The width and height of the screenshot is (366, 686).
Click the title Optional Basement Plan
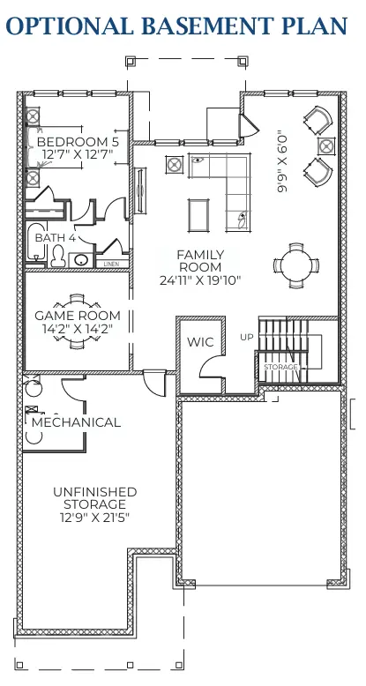183,26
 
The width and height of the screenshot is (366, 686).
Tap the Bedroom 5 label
78,141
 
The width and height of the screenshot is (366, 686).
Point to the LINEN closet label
111,264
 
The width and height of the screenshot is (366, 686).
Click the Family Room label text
200,261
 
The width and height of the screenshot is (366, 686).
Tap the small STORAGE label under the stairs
281,366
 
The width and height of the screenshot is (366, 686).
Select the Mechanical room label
77,422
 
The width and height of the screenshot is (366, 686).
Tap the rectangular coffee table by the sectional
199,214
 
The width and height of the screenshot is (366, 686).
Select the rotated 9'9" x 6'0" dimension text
282,161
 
